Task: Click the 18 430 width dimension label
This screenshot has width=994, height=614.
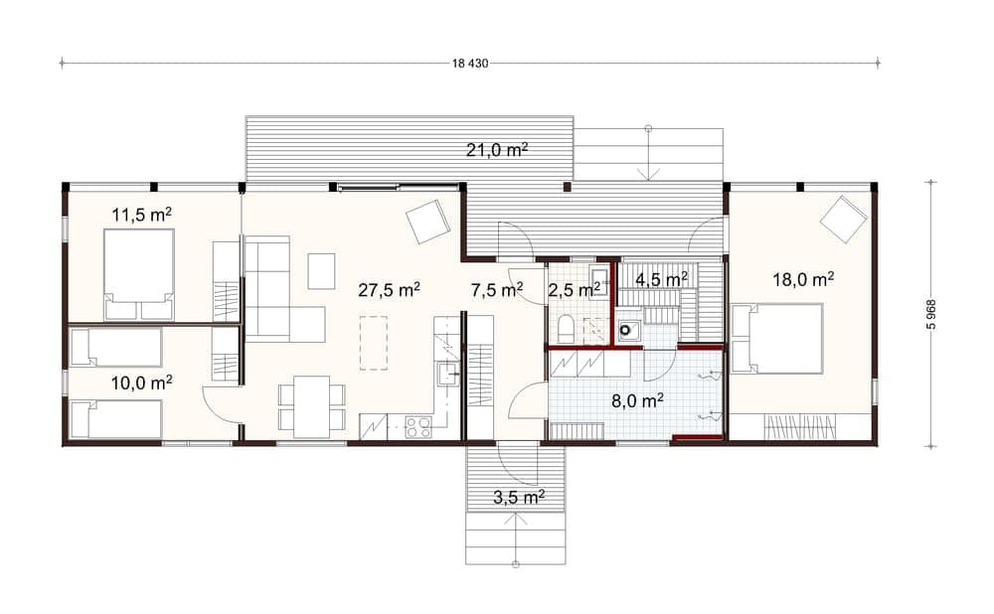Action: click(x=470, y=64)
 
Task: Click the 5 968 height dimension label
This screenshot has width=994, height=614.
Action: click(x=930, y=314)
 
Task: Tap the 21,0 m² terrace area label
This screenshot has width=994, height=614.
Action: click(x=498, y=150)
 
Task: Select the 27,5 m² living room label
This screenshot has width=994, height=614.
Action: click(x=390, y=290)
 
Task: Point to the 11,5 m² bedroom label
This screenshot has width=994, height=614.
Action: click(x=142, y=215)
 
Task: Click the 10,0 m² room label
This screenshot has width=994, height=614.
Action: click(x=142, y=383)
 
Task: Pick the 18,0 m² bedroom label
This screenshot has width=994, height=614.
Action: click(x=803, y=279)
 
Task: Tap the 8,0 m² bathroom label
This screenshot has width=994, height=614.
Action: click(x=638, y=401)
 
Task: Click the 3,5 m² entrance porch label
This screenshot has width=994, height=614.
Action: click(x=520, y=498)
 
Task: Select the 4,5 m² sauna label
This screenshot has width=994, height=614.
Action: click(x=662, y=279)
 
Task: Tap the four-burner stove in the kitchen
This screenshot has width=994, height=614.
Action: click(x=418, y=426)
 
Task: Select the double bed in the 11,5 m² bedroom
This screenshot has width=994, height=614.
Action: click(x=139, y=275)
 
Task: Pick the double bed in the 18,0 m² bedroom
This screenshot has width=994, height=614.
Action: click(x=777, y=339)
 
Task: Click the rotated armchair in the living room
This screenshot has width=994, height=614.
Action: click(x=429, y=222)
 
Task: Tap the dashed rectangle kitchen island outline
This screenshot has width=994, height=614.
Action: click(x=374, y=342)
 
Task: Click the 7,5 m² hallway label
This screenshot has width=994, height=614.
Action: click(x=497, y=290)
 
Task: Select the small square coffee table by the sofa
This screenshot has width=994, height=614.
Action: click(x=322, y=271)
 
